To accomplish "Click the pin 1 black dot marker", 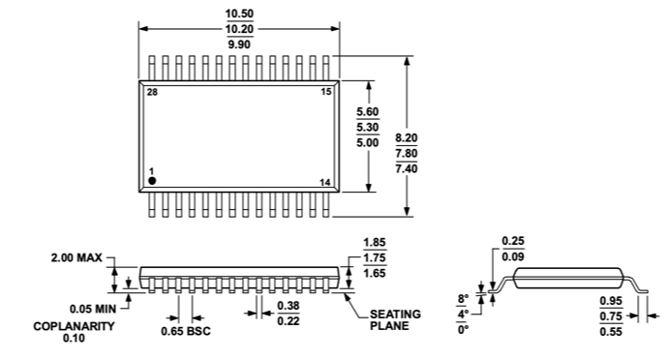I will pos(152,182).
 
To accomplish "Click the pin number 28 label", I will pos(152,92).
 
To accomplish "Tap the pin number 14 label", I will pos(324,182).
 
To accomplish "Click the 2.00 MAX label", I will pos(76,259).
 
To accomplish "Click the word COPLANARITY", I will pos(74,326).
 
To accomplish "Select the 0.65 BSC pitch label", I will pos(187,331).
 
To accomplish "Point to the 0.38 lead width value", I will pos(288,305).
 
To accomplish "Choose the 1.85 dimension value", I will pos(374,243).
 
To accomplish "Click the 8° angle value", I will pos(463,299).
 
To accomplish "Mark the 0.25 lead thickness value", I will pos(513,241).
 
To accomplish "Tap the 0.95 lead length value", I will pos(609,300).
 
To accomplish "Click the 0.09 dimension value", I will pos(513,256).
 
